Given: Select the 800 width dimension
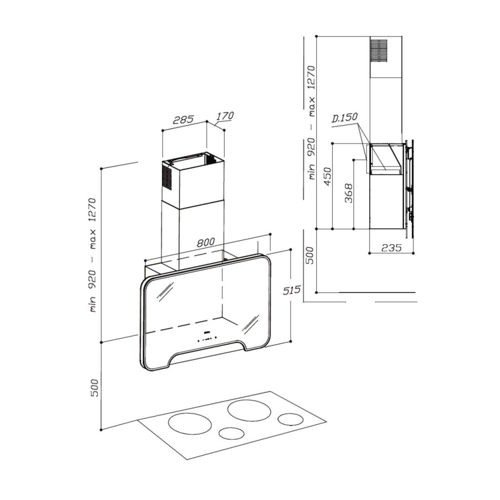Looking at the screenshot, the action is (x=206, y=242).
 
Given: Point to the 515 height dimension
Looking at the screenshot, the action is (x=292, y=290).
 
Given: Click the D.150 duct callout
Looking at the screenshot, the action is (x=344, y=118).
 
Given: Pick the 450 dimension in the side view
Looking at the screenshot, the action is (x=328, y=176).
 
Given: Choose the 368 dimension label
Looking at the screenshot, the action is (x=349, y=193).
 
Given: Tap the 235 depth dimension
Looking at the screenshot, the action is (x=392, y=247).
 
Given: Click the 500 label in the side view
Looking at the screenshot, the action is (x=310, y=255).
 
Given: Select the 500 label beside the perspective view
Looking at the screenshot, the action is (x=95, y=388).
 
